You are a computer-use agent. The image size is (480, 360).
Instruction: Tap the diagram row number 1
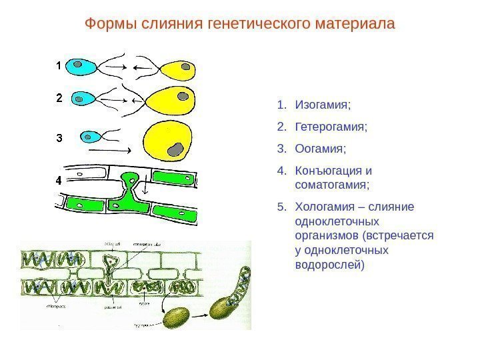pyautogui.click(x=59, y=66)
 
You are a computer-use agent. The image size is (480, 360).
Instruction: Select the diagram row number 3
pyautogui.click(x=59, y=139)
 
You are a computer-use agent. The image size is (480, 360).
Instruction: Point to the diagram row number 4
pyautogui.click(x=59, y=180)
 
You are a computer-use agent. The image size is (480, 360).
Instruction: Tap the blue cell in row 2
pyautogui.click(x=82, y=99)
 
